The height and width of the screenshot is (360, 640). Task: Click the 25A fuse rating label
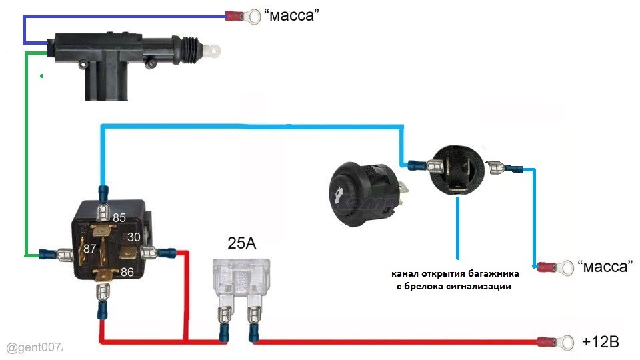coord(241,243)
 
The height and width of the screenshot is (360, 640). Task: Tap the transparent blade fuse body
coord(241,278)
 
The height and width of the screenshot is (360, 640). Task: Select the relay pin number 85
coord(119,217)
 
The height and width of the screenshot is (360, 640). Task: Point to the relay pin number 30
coord(133,237)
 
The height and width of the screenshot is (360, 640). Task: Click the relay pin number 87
coord(90,249)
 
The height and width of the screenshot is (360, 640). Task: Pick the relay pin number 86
coord(127,272)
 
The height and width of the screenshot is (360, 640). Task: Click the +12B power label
coord(601,341)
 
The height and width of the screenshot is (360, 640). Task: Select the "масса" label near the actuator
coord(291,15)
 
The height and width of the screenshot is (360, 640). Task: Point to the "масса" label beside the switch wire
coord(605,267)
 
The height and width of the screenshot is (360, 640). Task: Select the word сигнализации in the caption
coord(479,287)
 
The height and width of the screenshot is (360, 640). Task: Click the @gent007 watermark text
coord(34,348)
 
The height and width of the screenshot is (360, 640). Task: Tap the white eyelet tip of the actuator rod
coord(212,51)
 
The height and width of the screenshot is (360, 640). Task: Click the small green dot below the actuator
coord(41,76)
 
